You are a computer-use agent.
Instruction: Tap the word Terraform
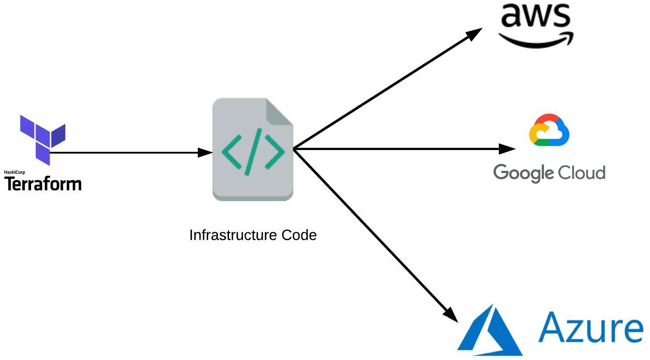tap(43, 184)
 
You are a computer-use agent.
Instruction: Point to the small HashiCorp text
tap(15, 172)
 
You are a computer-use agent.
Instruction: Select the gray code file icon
tap(253, 149)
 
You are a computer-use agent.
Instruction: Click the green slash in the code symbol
tap(253, 152)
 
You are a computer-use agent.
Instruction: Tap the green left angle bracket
tap(231, 151)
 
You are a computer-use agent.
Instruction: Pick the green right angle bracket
tap(275, 151)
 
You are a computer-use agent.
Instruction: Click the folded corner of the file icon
tap(279, 112)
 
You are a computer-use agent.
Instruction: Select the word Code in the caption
tap(299, 235)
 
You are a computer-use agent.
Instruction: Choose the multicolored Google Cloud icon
tap(549, 130)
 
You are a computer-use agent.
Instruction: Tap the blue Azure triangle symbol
tap(490, 330)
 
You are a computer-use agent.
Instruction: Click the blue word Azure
tap(591, 328)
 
